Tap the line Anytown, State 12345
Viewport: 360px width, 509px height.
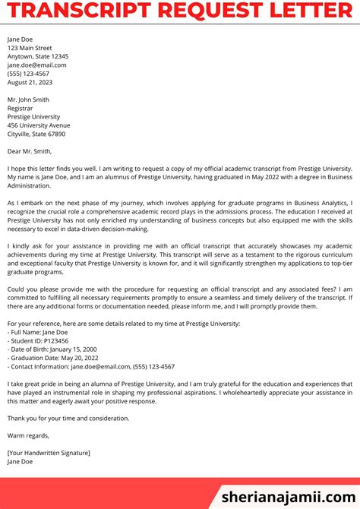[x=38, y=56]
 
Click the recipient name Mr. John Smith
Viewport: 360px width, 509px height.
[x=28, y=100]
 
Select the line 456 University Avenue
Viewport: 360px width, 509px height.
[x=39, y=125]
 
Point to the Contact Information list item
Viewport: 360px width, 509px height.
[x=91, y=366]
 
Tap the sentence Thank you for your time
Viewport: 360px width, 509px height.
[x=68, y=418]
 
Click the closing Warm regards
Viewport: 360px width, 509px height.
[x=28, y=435]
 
